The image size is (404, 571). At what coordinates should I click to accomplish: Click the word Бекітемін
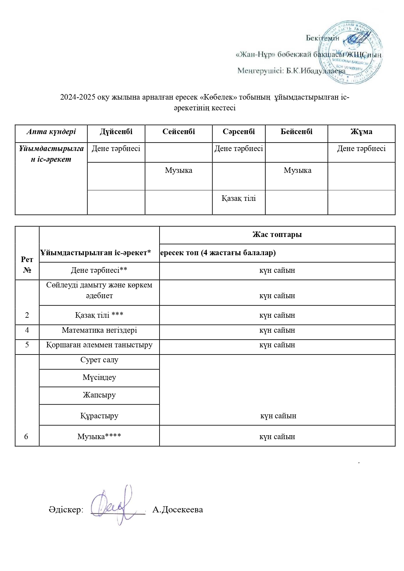(x=322, y=38)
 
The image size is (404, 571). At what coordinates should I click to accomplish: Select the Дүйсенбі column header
(x=116, y=132)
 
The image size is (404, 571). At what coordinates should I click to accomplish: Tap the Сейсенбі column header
(x=178, y=132)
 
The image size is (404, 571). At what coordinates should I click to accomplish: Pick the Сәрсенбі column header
(x=239, y=132)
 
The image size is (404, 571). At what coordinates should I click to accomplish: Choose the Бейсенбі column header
(x=296, y=132)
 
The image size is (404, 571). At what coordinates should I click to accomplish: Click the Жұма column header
(x=361, y=132)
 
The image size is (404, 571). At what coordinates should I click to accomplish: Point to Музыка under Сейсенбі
(x=178, y=170)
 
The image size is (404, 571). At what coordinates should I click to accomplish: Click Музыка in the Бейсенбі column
(x=297, y=170)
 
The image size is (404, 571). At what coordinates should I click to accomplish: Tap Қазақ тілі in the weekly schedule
(x=239, y=198)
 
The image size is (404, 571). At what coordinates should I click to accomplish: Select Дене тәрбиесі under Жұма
(x=361, y=149)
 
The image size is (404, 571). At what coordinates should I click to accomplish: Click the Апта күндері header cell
(x=51, y=132)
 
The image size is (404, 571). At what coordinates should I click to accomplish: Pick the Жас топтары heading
(x=277, y=234)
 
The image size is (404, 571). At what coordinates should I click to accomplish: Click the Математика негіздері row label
(x=99, y=330)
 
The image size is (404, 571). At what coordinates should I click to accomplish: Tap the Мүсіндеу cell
(x=99, y=377)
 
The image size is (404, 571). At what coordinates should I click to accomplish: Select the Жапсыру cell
(x=99, y=395)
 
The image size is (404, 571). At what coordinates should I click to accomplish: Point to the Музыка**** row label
(x=99, y=437)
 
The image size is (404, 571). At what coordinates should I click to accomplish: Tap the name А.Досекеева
(x=177, y=509)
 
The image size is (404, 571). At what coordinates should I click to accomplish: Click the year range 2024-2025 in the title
(x=77, y=97)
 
